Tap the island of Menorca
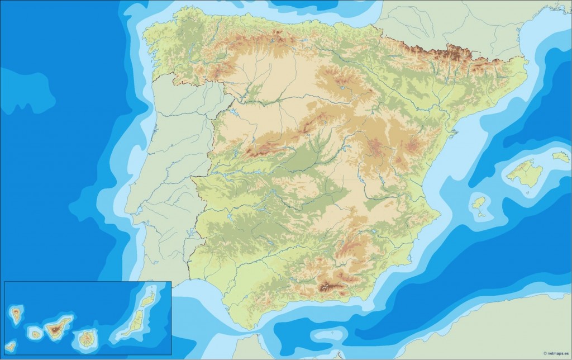pyautogui.click(x=561, y=157)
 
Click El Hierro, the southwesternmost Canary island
pyautogui.click(x=11, y=347)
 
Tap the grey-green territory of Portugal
pyautogui.click(x=168, y=168)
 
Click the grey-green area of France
pyautogui.click(x=447, y=22)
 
